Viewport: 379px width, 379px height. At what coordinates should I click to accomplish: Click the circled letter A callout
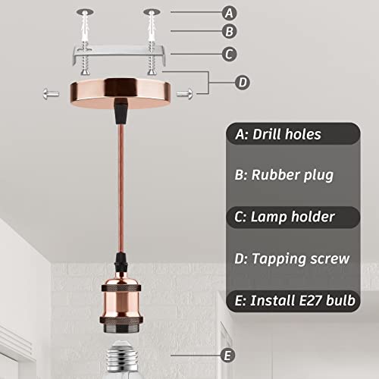pyautogui.click(x=229, y=13)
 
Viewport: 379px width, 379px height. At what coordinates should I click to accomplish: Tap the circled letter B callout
pyautogui.click(x=229, y=31)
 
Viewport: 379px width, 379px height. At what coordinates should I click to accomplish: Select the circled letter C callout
pyautogui.click(x=229, y=54)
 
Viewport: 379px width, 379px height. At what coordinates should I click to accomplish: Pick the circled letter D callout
pyautogui.click(x=243, y=83)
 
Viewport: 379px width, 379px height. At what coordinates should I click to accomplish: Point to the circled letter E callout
pyautogui.click(x=227, y=356)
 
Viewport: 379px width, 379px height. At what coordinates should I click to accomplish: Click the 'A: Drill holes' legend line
pyautogui.click(x=278, y=134)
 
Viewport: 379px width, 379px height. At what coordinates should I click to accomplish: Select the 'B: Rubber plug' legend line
pyautogui.click(x=284, y=175)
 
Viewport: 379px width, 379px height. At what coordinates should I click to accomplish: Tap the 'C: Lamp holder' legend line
pyautogui.click(x=284, y=217)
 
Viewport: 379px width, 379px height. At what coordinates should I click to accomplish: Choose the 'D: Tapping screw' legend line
pyautogui.click(x=292, y=258)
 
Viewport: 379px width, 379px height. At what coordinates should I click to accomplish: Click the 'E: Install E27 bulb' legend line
pyautogui.click(x=295, y=300)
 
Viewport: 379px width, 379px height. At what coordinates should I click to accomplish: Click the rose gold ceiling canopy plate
pyautogui.click(x=121, y=93)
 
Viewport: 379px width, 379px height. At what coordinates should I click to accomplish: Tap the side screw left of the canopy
pyautogui.click(x=51, y=94)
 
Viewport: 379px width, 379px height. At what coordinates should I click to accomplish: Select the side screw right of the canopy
pyautogui.click(x=185, y=94)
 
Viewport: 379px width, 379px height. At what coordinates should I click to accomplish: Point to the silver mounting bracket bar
pyautogui.click(x=119, y=54)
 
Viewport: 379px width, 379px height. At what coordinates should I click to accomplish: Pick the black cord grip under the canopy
pyautogui.click(x=121, y=111)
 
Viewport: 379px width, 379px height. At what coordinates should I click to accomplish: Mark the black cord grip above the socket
pyautogui.click(x=121, y=263)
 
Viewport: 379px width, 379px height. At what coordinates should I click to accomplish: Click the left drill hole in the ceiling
pyautogui.click(x=85, y=11)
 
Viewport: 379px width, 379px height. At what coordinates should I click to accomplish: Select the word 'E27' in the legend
pyautogui.click(x=311, y=300)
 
